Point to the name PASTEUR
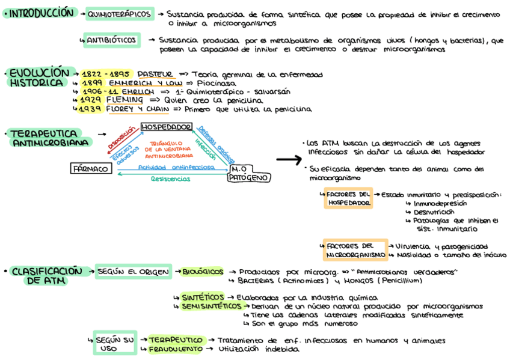[155, 74]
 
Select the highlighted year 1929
[91, 99]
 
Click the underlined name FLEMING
[124, 99]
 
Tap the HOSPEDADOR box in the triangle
[166, 127]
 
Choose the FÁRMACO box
[91, 169]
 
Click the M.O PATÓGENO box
[248, 174]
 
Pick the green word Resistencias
[171, 178]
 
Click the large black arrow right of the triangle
[287, 160]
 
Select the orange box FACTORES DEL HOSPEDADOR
[348, 199]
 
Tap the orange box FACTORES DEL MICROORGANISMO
[355, 250]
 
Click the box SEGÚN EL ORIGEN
[134, 272]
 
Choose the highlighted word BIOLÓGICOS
[203, 272]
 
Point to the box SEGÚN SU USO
[115, 344]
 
